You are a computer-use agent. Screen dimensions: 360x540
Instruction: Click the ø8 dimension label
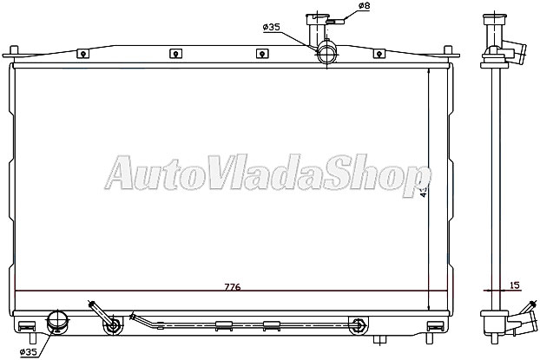click(x=364, y=7)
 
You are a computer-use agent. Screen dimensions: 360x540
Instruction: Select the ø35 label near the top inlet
click(x=271, y=28)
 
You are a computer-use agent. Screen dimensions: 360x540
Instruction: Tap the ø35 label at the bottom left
click(x=28, y=352)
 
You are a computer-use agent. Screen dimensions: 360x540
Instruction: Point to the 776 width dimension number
click(x=232, y=286)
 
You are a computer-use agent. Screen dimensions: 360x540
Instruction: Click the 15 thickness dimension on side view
click(x=516, y=285)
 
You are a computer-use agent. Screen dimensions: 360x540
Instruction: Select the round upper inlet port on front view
click(x=327, y=54)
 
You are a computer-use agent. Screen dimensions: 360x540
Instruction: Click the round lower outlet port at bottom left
click(x=57, y=322)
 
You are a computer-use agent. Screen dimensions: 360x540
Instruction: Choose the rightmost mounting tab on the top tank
click(x=379, y=54)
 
